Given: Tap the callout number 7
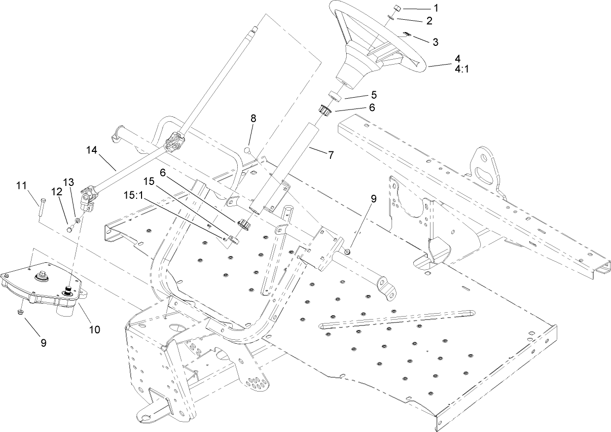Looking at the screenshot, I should [330, 154].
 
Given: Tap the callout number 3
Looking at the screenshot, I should [435, 42].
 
